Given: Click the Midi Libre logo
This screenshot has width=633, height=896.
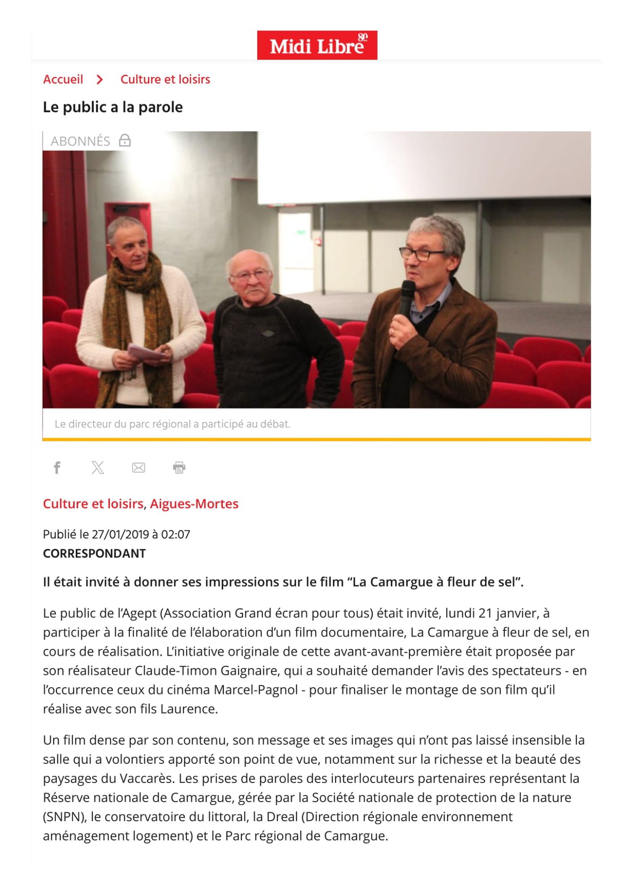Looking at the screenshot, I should (317, 45).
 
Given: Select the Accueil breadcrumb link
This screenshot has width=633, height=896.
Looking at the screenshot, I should (63, 79).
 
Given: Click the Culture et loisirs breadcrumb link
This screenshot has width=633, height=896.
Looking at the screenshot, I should (165, 79).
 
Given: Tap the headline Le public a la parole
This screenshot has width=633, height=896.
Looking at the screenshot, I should (112, 107).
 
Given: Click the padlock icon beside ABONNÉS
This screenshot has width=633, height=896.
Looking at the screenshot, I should (125, 141).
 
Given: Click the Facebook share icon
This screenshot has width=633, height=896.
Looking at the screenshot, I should (57, 468).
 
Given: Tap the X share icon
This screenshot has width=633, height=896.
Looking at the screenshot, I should (98, 468).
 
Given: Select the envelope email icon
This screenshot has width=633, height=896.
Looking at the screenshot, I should (138, 468).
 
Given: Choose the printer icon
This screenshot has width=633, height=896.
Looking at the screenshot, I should (179, 468).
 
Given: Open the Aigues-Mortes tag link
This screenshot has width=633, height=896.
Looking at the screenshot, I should (194, 504).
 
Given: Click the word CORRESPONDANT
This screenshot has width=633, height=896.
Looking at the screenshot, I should (94, 553).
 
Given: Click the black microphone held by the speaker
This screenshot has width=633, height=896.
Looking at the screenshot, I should (407, 298).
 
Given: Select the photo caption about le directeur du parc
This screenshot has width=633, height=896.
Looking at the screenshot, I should (172, 424).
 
